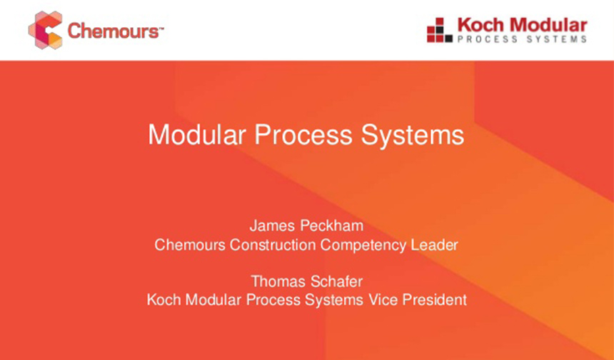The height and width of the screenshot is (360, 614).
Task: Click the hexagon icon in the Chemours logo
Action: click(x=45, y=30)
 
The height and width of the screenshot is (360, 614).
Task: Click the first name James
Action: click(x=271, y=226)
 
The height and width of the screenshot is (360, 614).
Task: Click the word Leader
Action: click(x=434, y=245)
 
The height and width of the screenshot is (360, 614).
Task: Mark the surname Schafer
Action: click(x=336, y=281)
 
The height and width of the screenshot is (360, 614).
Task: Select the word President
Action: click(x=434, y=300)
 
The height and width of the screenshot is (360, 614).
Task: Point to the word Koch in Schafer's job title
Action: click(x=163, y=300)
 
